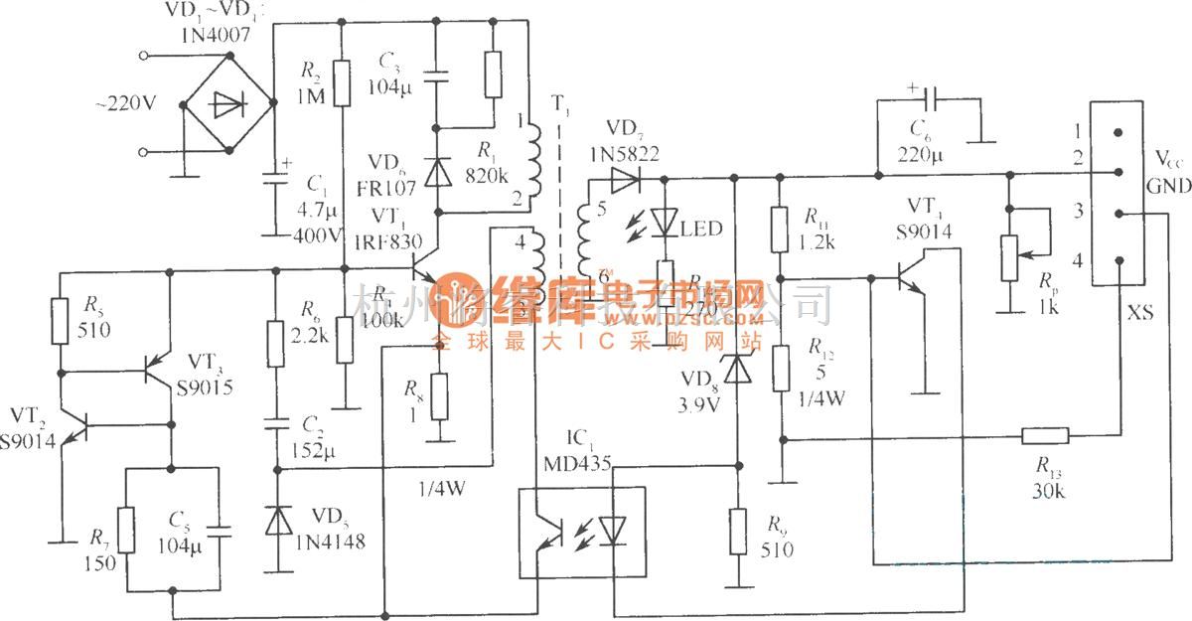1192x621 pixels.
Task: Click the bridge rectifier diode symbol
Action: (x=227, y=103)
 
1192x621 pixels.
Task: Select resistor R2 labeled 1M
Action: (x=342, y=83)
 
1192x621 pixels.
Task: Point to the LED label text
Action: (x=701, y=230)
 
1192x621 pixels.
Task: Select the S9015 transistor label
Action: (x=205, y=388)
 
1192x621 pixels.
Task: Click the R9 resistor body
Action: (x=736, y=532)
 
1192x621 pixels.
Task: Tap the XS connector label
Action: (x=1141, y=312)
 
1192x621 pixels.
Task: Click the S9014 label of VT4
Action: (x=923, y=231)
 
